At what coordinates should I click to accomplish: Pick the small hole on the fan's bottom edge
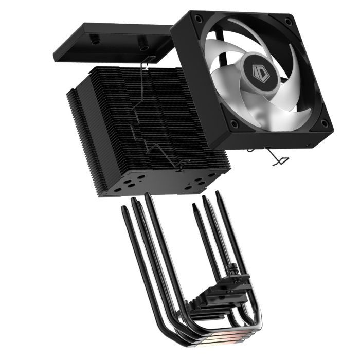[x=308, y=146]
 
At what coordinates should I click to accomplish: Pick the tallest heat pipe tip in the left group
[x=148, y=196]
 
